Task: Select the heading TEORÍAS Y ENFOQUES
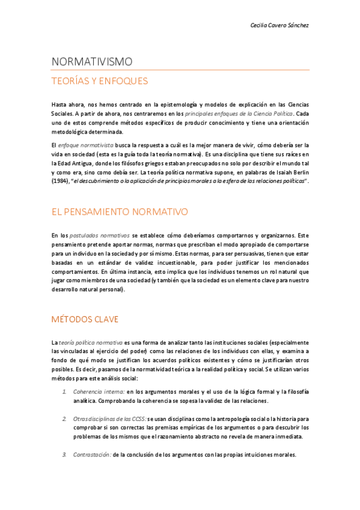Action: click(x=100, y=81)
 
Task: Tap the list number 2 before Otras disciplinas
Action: click(x=64, y=417)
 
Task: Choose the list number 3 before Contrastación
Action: click(x=64, y=455)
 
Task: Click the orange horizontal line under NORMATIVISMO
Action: click(x=180, y=70)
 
